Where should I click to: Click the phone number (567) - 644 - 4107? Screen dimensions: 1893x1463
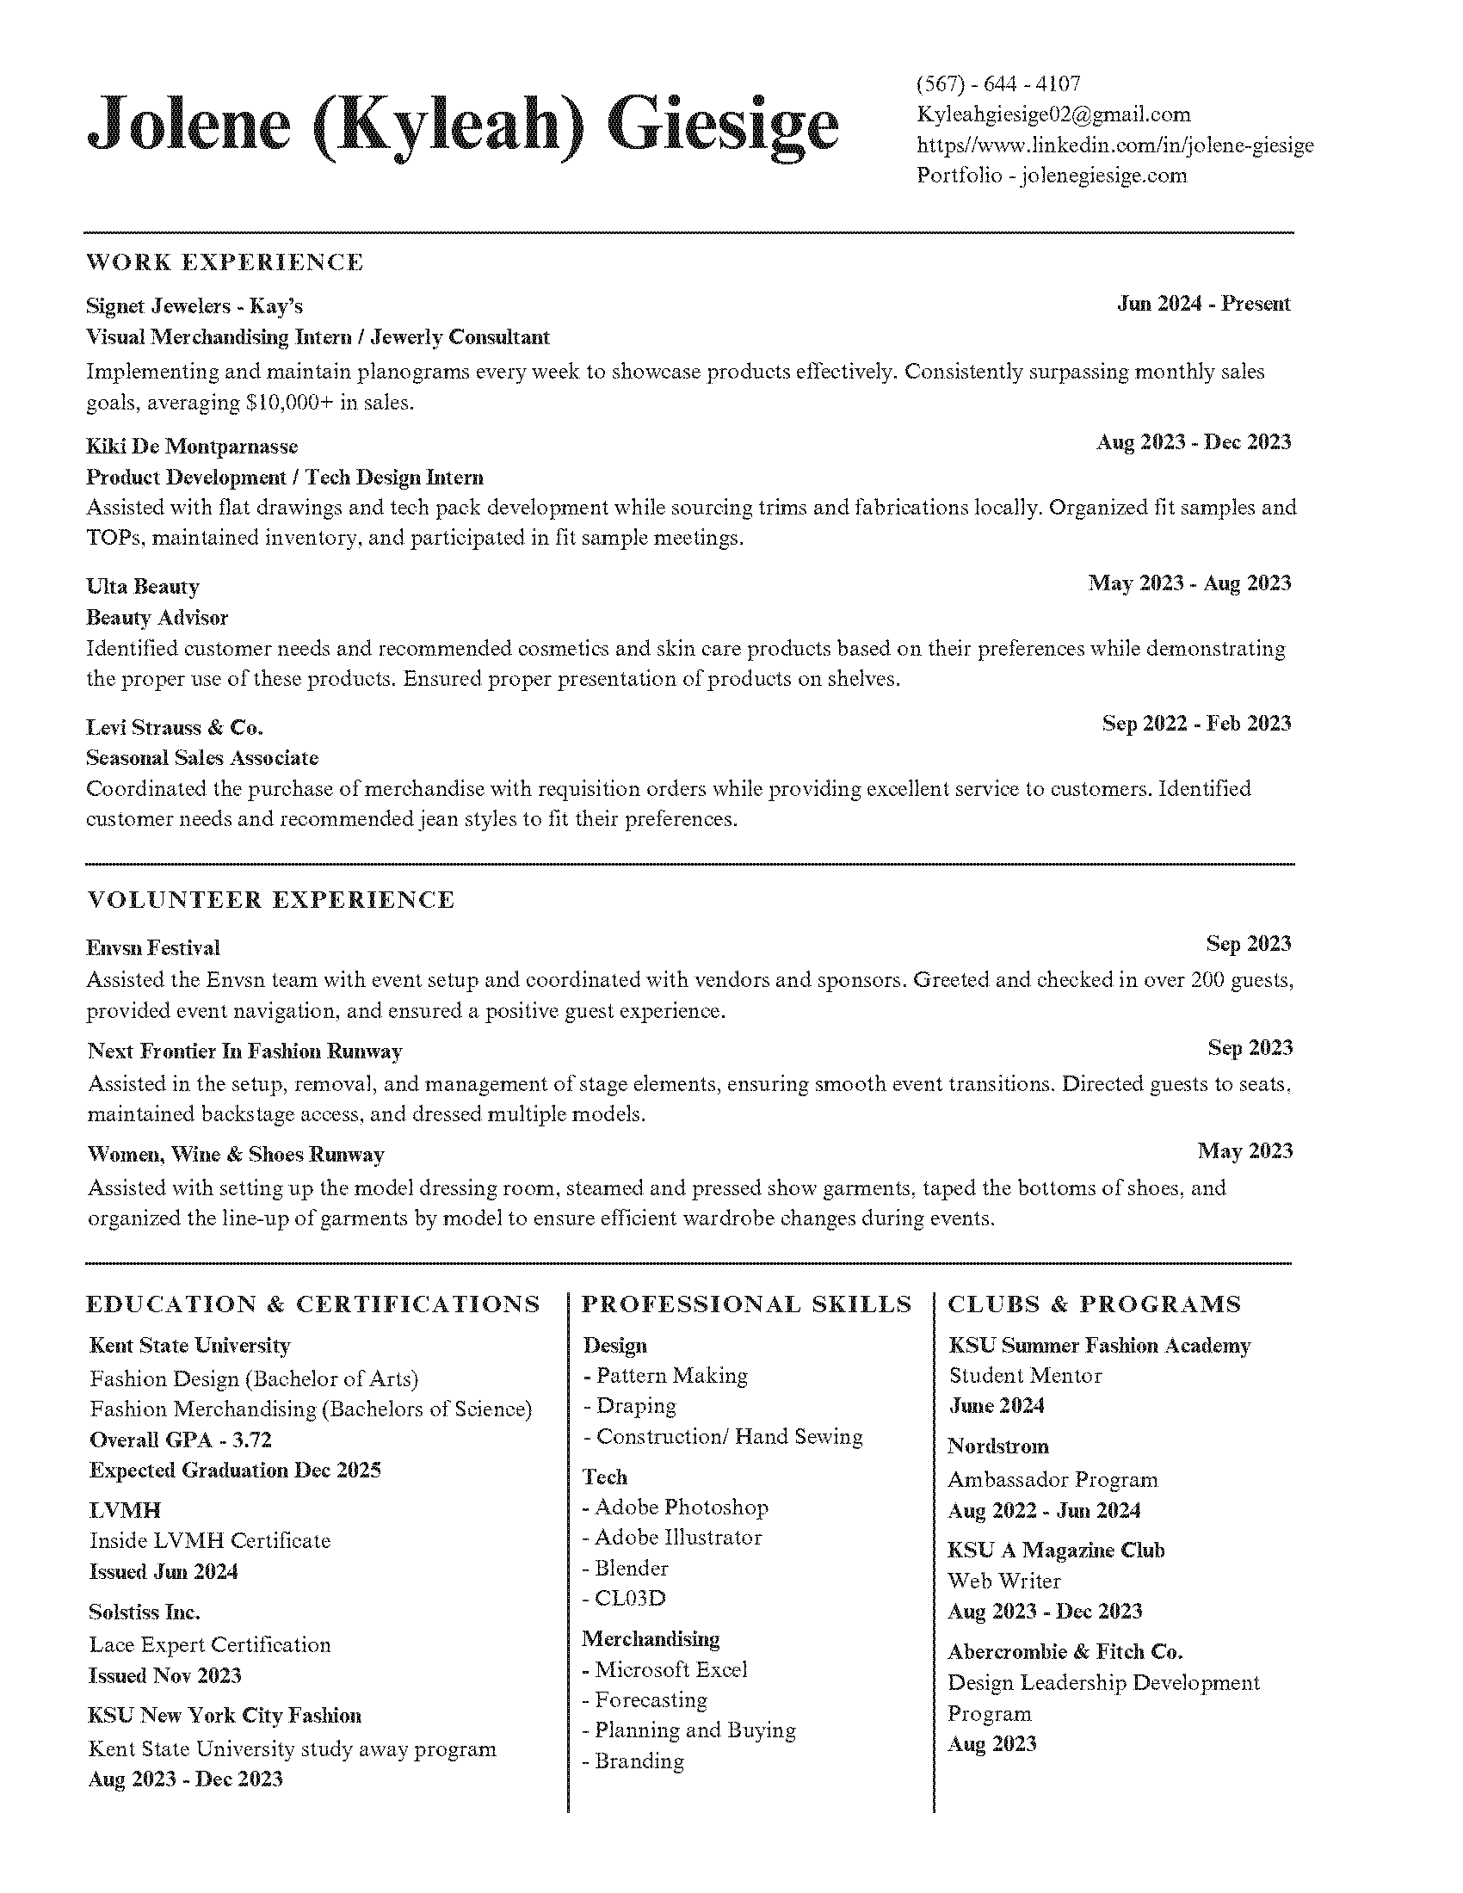(998, 84)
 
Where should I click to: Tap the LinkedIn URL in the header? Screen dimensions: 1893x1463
(1114, 145)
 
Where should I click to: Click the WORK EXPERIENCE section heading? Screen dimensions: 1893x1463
(225, 262)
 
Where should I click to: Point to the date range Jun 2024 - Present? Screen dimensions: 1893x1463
(1203, 304)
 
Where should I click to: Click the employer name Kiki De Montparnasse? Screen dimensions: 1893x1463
(192, 447)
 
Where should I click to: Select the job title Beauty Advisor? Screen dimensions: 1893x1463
(157, 618)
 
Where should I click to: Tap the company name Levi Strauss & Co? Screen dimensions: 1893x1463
(174, 727)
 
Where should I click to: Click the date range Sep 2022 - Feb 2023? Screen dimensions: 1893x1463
(1196, 724)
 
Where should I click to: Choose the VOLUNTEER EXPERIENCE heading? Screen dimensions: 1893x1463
(271, 900)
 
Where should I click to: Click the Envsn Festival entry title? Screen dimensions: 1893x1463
(153, 948)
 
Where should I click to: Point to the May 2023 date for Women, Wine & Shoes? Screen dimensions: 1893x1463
(1244, 1151)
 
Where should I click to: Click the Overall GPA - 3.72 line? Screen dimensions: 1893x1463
(180, 1440)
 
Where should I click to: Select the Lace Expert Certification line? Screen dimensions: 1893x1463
(210, 1644)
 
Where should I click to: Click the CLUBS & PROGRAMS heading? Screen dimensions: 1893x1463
(1094, 1304)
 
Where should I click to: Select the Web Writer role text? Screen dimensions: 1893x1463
(1003, 1580)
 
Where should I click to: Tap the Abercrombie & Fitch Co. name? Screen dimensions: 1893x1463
(1065, 1651)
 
